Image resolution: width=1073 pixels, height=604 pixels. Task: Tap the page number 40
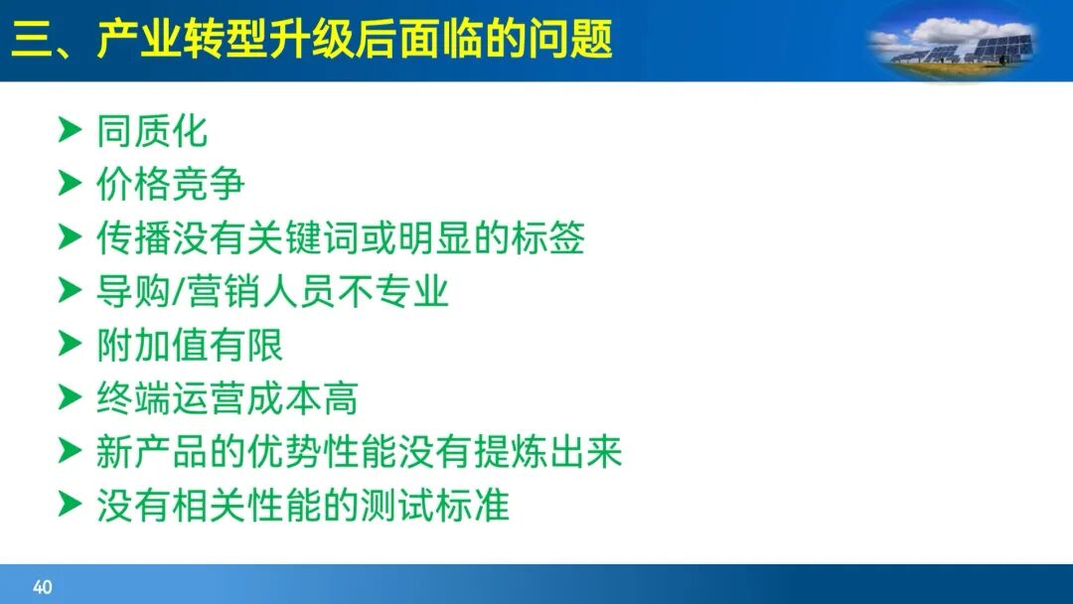click(x=42, y=587)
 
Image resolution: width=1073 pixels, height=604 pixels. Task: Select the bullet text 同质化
click(x=152, y=131)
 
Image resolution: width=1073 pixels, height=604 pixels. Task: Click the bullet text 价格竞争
click(x=170, y=185)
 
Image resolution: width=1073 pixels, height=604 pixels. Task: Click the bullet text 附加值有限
click(x=189, y=346)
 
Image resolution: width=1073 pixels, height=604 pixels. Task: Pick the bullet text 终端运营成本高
click(x=227, y=399)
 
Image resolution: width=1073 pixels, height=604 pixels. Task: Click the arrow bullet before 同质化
click(x=69, y=130)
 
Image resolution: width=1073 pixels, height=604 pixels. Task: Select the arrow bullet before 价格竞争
click(x=69, y=184)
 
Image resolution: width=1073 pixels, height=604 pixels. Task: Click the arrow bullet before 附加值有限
click(x=69, y=345)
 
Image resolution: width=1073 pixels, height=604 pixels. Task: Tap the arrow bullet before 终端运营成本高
click(x=69, y=398)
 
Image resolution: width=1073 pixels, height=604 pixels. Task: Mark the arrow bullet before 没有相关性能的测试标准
click(x=69, y=506)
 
